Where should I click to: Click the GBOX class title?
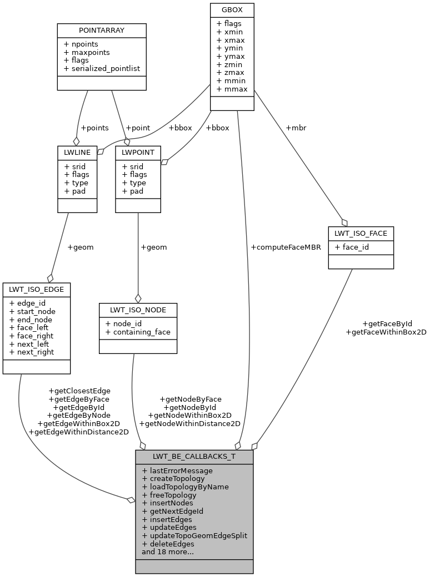pyautogui.click(x=232, y=10)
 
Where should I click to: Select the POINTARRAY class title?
pyautogui.click(x=102, y=30)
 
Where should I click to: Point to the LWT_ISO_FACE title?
pyautogui.click(x=361, y=234)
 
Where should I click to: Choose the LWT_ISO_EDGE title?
pyautogui.click(x=37, y=290)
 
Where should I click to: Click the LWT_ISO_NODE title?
pyautogui.click(x=138, y=310)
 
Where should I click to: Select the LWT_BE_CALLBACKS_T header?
pyautogui.click(x=194, y=457)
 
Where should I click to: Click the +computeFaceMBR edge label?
pyautogui.click(x=286, y=247)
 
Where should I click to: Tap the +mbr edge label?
pyautogui.click(x=296, y=128)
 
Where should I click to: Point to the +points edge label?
pyautogui.click(x=94, y=128)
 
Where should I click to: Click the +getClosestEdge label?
pyautogui.click(x=79, y=391)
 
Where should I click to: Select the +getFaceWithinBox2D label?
pyautogui.click(x=386, y=332)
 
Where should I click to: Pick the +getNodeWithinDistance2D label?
pyautogui.click(x=190, y=423)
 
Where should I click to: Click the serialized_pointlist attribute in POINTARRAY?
pyautogui.click(x=102, y=68)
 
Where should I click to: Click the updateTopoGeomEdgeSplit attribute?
pyautogui.click(x=194, y=535)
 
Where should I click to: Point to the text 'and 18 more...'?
pyautogui.click(x=168, y=551)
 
